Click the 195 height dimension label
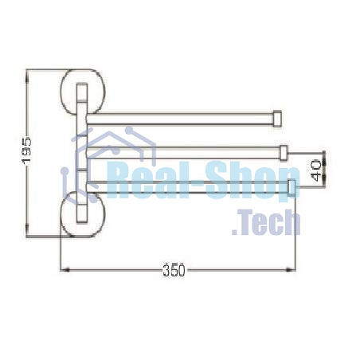[27, 151]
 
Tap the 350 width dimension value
[174, 270]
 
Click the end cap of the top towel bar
[277, 119]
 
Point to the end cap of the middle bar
[284, 153]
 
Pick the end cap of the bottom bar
[292, 187]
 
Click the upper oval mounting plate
[83, 92]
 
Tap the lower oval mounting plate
[83, 214]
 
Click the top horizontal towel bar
[180, 119]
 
